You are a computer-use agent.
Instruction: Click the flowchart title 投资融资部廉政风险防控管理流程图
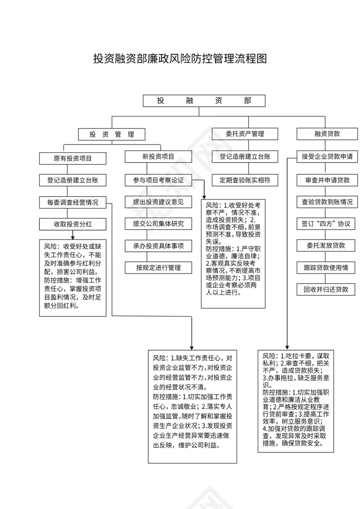coord(180,59)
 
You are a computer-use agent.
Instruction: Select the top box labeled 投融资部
coord(204,101)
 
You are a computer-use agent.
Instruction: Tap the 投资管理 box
coord(111,134)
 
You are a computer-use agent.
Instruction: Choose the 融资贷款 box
coord(327,134)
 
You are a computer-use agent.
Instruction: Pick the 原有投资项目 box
coord(72,158)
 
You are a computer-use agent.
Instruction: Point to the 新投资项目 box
coord(158,157)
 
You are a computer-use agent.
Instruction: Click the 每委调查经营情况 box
coord(72,202)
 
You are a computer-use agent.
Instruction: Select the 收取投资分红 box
coord(72,224)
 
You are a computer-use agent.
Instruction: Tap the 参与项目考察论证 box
coord(158,179)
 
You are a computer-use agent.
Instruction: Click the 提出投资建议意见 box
coord(158,202)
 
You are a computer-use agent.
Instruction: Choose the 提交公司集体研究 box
coord(158,224)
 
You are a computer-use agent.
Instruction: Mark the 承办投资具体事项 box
coord(158,246)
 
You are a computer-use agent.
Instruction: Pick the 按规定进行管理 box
coord(158,268)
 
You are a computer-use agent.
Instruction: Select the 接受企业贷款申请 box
coord(327,157)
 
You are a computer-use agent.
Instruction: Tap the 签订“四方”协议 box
coord(327,224)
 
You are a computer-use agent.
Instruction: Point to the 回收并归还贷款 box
coord(327,290)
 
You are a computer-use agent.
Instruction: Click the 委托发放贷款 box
coord(327,245)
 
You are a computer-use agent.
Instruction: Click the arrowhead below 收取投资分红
coord(72,236)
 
